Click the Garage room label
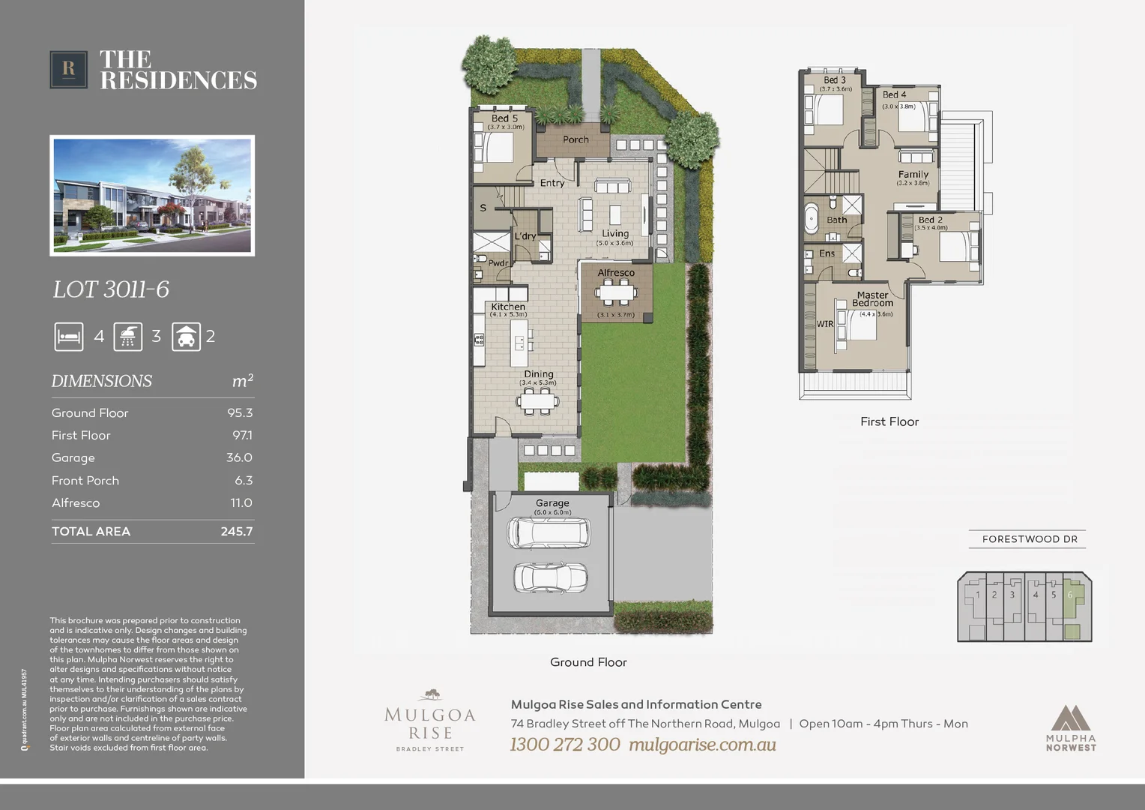point(552,503)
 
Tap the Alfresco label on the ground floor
point(616,273)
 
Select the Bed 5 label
point(504,118)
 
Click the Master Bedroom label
point(872,299)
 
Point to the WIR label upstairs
point(825,324)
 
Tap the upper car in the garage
point(549,532)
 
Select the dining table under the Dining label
point(538,401)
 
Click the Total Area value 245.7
point(236,532)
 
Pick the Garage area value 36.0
point(239,457)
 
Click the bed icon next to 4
point(69,337)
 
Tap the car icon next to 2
point(185,337)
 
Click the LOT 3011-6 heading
point(111,289)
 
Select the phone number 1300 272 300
point(565,745)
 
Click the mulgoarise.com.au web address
point(702,745)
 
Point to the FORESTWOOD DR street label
point(1029,539)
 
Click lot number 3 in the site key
point(1012,595)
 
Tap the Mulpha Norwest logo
point(1071,727)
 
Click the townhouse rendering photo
point(152,196)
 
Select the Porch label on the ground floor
point(575,139)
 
